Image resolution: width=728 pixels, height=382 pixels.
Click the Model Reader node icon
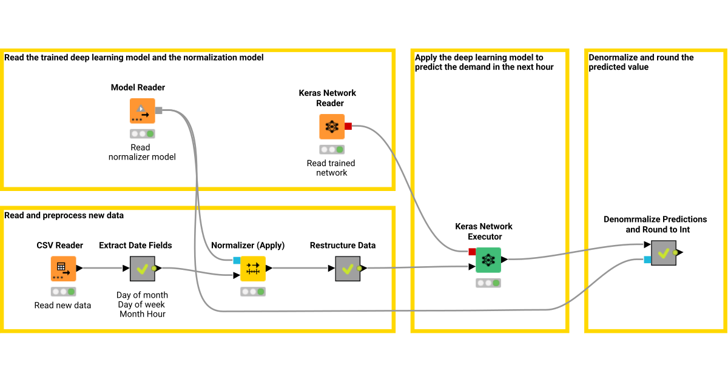(x=142, y=111)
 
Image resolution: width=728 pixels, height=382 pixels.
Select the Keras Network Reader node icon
(x=332, y=127)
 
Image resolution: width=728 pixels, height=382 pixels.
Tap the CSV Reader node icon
(x=63, y=268)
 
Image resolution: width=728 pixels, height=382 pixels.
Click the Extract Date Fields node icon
(x=143, y=268)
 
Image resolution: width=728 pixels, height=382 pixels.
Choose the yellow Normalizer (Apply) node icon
(x=253, y=268)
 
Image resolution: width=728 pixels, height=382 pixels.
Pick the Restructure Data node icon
(x=348, y=268)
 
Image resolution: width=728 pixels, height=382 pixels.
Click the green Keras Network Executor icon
(x=488, y=260)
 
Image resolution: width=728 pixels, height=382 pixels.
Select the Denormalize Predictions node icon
(x=664, y=252)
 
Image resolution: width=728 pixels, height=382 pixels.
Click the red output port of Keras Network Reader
(x=348, y=126)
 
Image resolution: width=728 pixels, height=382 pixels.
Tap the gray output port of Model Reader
(x=159, y=110)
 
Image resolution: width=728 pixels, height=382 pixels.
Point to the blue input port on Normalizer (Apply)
(x=237, y=260)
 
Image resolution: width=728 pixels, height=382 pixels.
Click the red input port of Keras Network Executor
(x=472, y=252)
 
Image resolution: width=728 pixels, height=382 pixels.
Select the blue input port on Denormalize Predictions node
(x=647, y=260)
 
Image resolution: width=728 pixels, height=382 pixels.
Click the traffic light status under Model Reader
(x=142, y=133)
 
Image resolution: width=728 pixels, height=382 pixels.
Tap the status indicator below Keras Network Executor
(x=488, y=283)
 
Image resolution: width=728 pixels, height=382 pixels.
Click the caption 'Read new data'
(x=63, y=305)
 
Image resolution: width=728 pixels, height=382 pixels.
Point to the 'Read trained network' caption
(x=331, y=168)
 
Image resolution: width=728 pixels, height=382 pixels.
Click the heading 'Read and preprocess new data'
(x=64, y=215)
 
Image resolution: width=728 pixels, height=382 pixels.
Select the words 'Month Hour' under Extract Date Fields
(x=143, y=314)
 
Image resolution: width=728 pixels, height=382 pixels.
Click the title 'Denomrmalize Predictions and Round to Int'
(x=655, y=224)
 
